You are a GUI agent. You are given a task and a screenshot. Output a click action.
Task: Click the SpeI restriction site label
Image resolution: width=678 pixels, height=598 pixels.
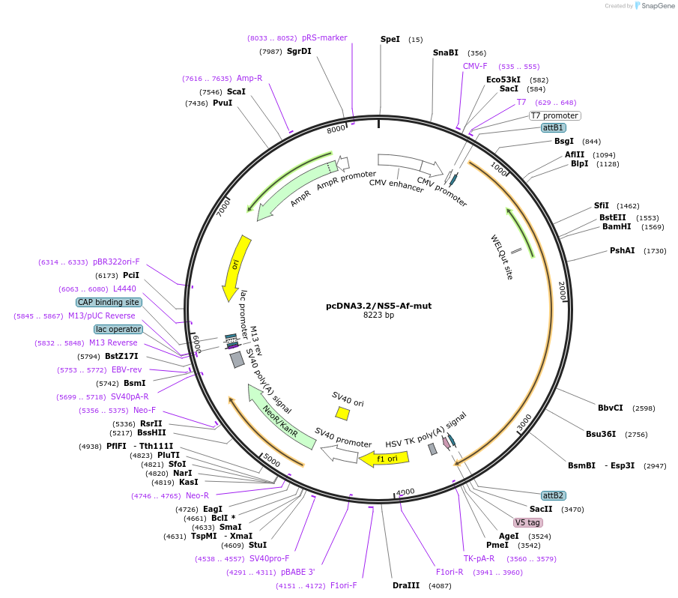[390, 39]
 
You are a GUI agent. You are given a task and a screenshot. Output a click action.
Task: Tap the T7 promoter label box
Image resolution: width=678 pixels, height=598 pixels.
[554, 115]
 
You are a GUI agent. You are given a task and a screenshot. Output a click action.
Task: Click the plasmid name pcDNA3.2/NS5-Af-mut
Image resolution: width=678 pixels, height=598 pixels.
[378, 306]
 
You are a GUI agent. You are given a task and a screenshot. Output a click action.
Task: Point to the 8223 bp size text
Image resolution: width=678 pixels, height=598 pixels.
[378, 315]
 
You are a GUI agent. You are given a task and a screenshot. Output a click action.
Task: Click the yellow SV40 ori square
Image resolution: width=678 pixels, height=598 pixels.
[342, 413]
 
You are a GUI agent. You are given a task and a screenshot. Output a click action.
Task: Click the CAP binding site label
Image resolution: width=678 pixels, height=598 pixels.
[108, 302]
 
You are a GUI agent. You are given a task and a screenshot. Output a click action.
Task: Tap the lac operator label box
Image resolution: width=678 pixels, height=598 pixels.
[118, 329]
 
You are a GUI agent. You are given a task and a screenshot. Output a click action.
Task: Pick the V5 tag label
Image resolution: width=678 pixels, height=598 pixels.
[527, 522]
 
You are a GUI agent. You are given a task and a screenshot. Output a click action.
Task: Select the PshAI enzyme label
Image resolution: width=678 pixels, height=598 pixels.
[622, 250]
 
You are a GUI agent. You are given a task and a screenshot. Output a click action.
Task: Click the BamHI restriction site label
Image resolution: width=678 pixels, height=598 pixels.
[615, 226]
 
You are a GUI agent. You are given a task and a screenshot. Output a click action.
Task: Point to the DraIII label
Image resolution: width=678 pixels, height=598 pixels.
[406, 585]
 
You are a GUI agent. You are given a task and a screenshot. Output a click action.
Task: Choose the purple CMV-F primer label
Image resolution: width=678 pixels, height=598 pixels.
[475, 66]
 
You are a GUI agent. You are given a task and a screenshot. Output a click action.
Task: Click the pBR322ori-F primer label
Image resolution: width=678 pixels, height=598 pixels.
[116, 262]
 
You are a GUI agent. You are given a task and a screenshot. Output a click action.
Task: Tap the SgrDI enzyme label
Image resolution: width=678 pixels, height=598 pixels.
[299, 51]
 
